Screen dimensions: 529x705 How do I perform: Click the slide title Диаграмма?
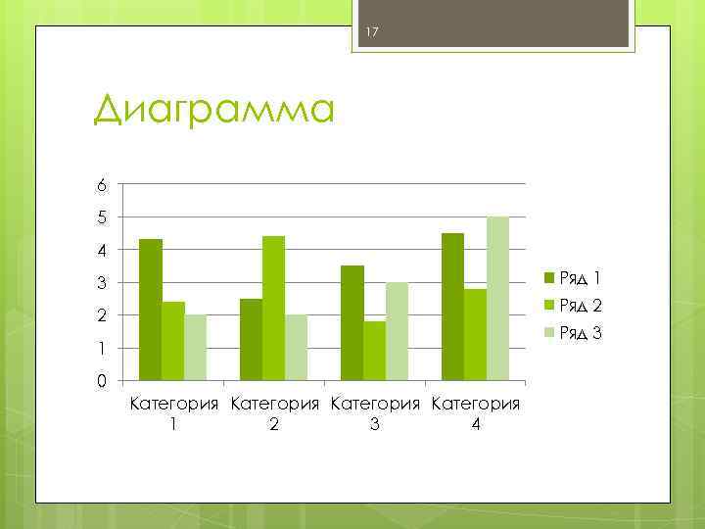point(213,110)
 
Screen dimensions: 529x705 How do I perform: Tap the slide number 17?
point(371,35)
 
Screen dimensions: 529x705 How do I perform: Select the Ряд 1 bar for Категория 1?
point(151,309)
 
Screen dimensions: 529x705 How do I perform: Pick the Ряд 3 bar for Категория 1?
point(196,347)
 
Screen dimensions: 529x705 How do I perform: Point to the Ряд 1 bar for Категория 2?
point(251,339)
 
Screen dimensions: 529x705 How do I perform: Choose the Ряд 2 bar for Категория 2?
point(273,308)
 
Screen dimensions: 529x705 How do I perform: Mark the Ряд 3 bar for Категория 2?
point(296,347)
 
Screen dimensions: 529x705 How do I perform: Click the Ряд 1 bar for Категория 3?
point(352,322)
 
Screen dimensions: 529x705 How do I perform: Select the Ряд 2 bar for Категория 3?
point(374,350)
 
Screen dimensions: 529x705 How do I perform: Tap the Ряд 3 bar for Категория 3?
point(397,330)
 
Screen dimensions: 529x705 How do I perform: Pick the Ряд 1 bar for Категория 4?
point(452,306)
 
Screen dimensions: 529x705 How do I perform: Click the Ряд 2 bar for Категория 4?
point(475,334)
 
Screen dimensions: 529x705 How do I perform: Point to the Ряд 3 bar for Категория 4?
point(497,298)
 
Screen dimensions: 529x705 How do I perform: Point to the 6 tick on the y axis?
point(101,184)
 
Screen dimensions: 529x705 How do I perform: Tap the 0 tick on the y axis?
point(101,381)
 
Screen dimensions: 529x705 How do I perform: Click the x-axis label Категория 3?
point(374,412)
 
